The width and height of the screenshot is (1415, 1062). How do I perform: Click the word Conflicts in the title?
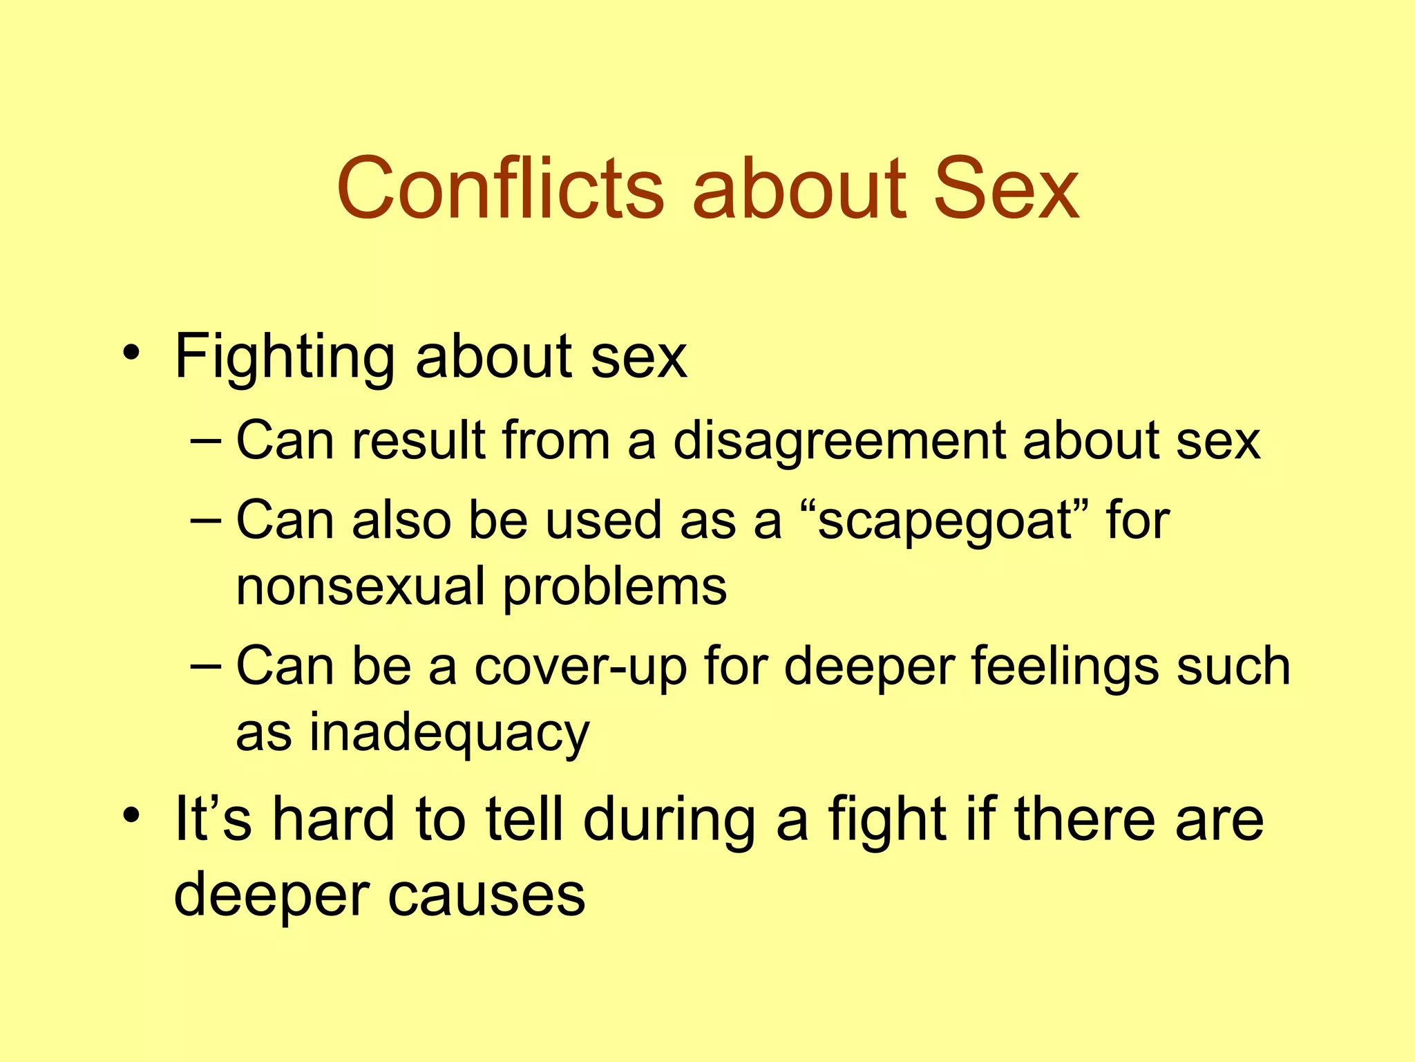[x=500, y=188]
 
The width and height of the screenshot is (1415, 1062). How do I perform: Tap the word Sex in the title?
[x=1005, y=188]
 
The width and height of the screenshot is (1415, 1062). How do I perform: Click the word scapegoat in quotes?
[x=943, y=521]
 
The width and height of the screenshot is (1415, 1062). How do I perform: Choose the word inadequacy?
[x=449, y=733]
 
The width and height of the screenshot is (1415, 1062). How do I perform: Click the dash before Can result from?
[x=206, y=440]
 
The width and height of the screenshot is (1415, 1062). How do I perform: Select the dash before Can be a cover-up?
[x=206, y=665]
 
